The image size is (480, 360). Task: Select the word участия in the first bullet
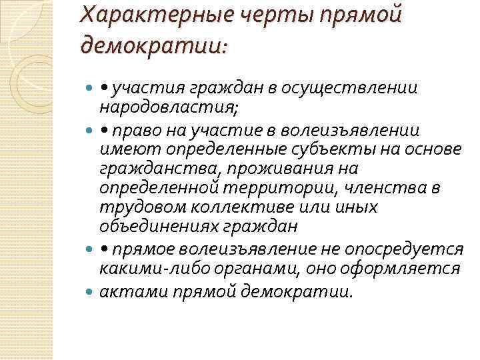click(x=149, y=88)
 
